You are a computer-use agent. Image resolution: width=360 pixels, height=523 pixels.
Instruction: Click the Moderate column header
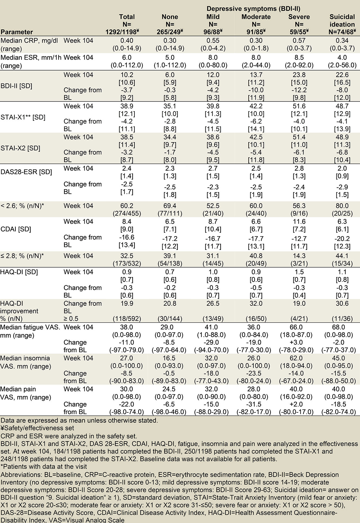[256, 17]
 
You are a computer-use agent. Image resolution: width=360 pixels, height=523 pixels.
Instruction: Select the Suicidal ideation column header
[342, 21]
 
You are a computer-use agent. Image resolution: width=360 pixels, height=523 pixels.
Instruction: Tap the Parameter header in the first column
[17, 32]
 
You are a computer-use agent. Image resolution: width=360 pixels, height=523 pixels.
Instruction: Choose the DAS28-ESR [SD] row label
[26, 172]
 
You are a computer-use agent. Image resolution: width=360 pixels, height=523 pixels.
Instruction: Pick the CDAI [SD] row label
[16, 229]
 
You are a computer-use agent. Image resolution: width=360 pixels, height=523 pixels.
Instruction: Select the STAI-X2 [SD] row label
[20, 148]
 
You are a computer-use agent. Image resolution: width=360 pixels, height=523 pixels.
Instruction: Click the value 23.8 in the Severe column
[299, 75]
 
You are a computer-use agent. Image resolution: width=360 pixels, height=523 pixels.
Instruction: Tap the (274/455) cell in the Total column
[127, 213]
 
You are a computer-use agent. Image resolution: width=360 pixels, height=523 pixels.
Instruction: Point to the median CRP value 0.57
[299, 40]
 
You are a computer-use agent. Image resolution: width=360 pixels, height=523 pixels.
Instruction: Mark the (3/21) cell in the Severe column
[299, 263]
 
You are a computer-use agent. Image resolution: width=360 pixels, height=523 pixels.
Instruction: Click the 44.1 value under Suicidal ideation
[342, 256]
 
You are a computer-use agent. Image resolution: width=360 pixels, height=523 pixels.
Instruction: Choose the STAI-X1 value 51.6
[299, 106]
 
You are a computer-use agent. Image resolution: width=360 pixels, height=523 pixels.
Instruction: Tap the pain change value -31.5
[254, 404]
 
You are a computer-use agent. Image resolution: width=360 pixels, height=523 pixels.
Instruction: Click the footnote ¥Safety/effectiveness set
[37, 428]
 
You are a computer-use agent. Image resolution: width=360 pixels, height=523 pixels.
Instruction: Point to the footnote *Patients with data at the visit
[44, 467]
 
